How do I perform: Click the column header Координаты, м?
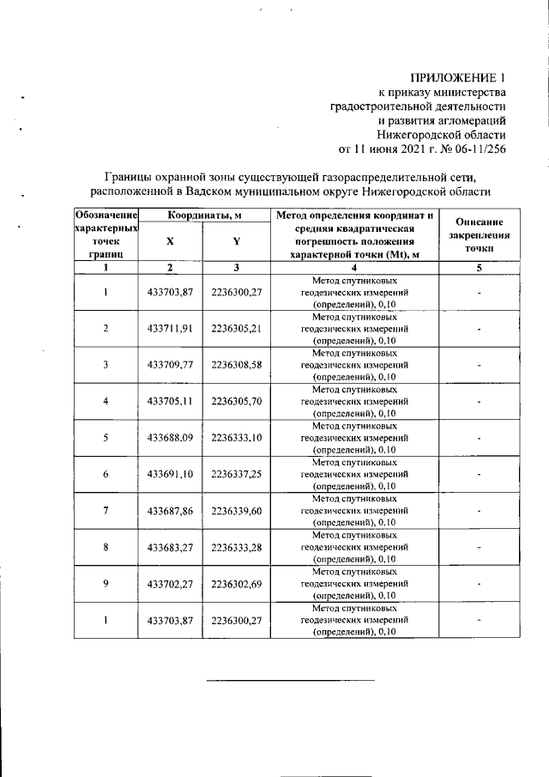[203, 214]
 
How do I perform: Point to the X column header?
[170, 241]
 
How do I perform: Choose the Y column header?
[236, 241]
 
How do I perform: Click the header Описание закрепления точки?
[480, 234]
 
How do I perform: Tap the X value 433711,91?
[169, 328]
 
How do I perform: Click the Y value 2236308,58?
[236, 364]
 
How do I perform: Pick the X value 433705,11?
[169, 400]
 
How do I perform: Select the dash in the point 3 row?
[480, 365]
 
